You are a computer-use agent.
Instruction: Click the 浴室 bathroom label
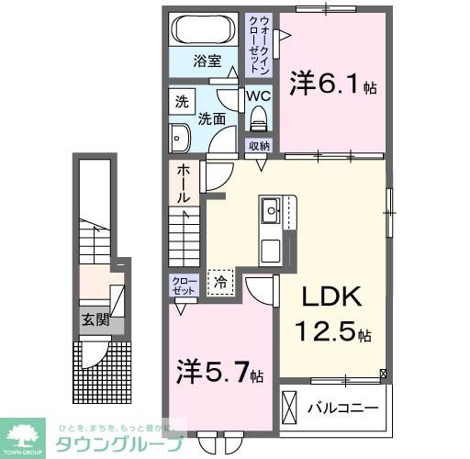coord(207,62)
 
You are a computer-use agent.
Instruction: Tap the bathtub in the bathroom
coord(205,28)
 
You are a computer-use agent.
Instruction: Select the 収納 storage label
coord(259,146)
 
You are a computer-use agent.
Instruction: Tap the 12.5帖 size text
coord(332,330)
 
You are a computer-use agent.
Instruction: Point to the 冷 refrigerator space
coord(221,283)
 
